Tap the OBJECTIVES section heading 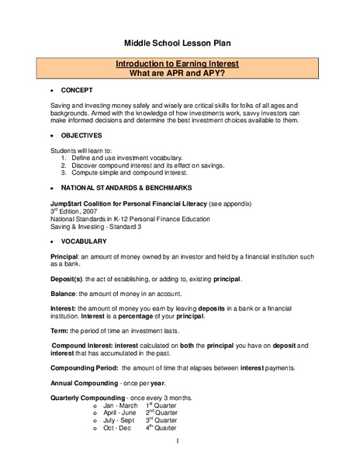[x=81, y=135]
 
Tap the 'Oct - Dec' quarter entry [x=117, y=427]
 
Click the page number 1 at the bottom [x=178, y=442]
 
